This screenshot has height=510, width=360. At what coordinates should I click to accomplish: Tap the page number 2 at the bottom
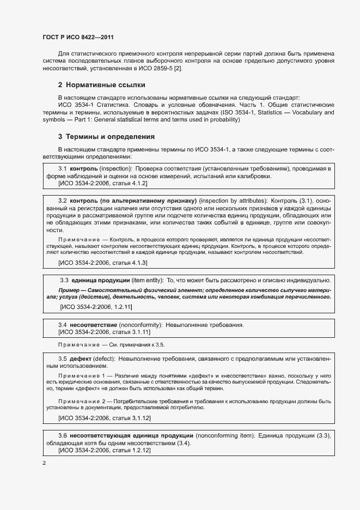(x=44, y=463)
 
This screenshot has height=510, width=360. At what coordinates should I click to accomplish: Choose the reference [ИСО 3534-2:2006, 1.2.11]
(x=96, y=307)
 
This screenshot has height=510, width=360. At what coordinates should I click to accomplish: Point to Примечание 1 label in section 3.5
(x=82, y=375)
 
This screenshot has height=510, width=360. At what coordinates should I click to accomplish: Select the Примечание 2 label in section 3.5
(x=82, y=401)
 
